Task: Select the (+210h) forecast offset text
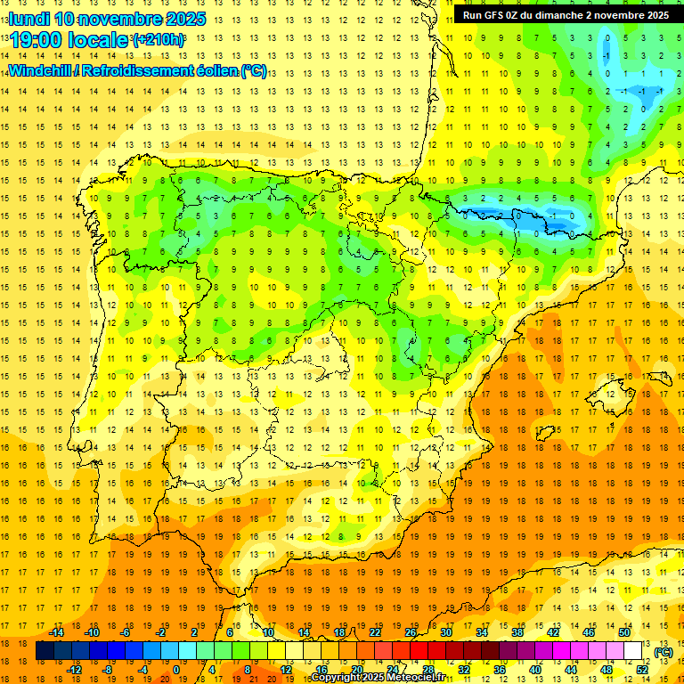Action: point(159,40)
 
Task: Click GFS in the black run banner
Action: point(500,15)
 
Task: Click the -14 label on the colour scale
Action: point(57,632)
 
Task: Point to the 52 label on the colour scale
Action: point(642,669)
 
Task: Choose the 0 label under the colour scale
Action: point(177,669)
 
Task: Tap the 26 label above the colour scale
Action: point(410,632)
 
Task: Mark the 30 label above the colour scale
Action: point(445,632)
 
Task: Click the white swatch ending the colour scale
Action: point(633,651)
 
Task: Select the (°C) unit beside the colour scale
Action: point(663,652)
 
